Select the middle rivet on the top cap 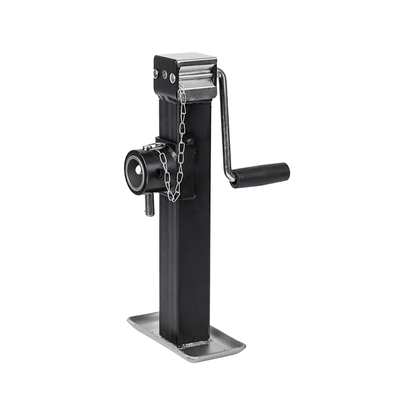point(165,75)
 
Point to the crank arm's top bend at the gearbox point(220,76)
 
